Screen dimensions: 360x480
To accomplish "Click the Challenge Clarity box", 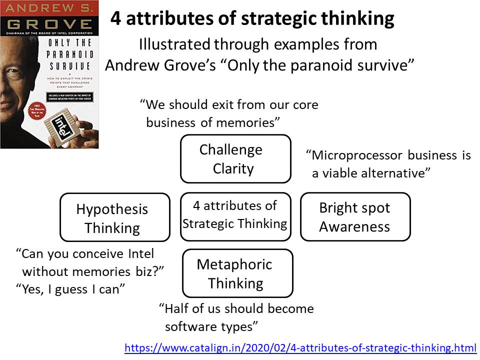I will click(235, 158).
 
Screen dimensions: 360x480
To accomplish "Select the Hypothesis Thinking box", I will click(114, 218).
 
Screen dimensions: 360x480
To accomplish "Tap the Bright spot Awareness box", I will click(355, 217).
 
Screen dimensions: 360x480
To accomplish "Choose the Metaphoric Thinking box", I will click(237, 273).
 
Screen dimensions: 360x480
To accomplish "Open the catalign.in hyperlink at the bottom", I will click(300, 347).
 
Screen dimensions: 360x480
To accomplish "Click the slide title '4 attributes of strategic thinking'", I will click(252, 19).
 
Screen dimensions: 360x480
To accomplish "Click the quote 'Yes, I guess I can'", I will click(70, 288).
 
